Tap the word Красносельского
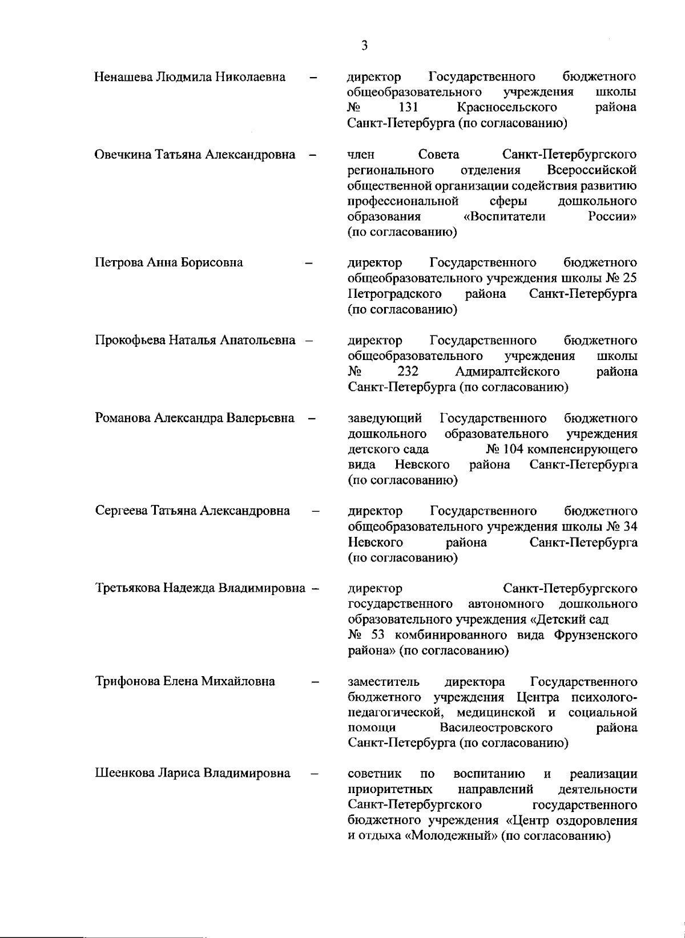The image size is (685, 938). (x=507, y=108)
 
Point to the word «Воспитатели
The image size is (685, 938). (x=505, y=217)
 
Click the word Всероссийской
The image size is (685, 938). (x=591, y=170)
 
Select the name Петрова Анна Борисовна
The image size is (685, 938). (x=169, y=262)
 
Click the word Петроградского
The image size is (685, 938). (x=394, y=294)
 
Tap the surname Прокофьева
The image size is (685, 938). (x=130, y=341)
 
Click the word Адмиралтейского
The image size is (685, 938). (x=507, y=371)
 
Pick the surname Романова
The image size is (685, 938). (x=123, y=418)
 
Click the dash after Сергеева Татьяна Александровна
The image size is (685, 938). (x=315, y=511)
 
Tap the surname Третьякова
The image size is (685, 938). (x=127, y=588)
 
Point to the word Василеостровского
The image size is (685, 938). (x=496, y=727)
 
